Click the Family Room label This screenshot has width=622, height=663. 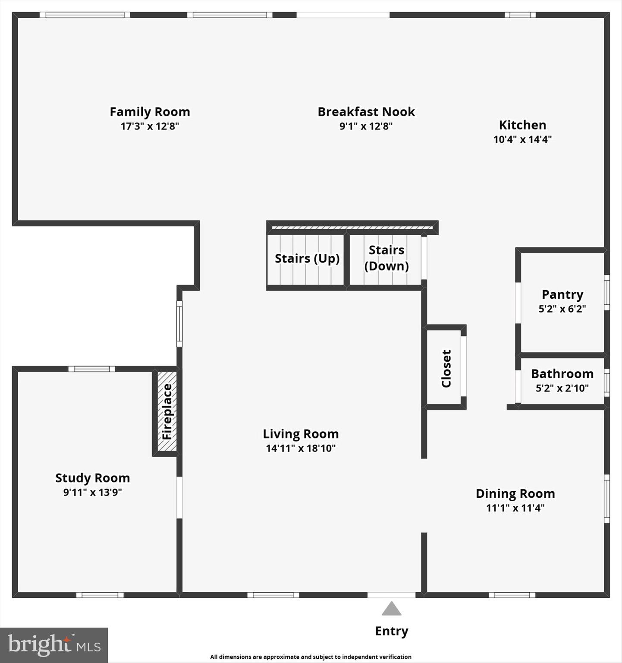point(150,112)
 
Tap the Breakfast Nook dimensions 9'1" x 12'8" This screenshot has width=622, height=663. point(366,126)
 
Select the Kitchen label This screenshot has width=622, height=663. point(522,125)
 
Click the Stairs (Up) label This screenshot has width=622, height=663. point(307,259)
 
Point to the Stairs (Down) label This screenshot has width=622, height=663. point(386,258)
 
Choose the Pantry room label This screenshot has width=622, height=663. point(562,294)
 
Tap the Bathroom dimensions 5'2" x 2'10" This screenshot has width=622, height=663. point(562,388)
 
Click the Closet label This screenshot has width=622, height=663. point(446,368)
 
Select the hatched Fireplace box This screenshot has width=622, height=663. point(167,411)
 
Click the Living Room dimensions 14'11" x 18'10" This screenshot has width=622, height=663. point(301,448)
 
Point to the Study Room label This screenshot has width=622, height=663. point(92,478)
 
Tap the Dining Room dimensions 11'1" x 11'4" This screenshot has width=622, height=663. point(515,508)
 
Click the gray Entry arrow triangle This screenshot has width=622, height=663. point(391,609)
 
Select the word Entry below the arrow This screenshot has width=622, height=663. point(391,631)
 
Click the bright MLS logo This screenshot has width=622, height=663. point(54,645)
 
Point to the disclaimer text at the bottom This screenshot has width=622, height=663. point(311,657)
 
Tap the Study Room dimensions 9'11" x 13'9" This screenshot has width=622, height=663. point(92,493)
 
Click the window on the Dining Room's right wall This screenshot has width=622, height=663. point(606,499)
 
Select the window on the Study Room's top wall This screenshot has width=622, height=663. point(91,369)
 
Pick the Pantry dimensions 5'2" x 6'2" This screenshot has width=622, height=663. point(562,309)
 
